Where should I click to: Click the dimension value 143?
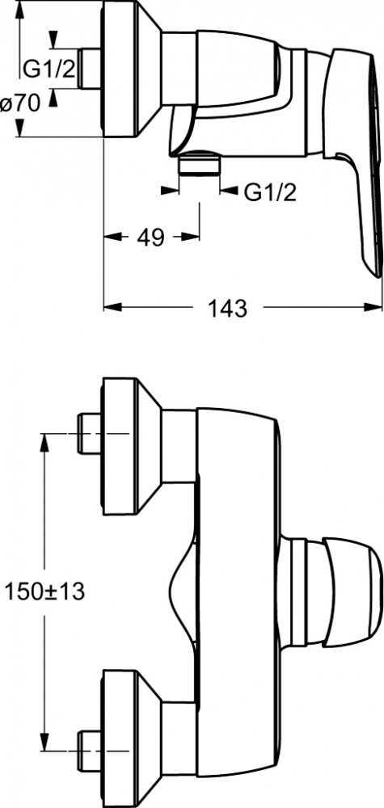(x=227, y=308)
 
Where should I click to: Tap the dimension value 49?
(x=150, y=237)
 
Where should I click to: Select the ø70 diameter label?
(x=20, y=104)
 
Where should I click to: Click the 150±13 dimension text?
(x=44, y=591)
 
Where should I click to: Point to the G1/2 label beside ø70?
(x=49, y=69)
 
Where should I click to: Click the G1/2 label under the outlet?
(x=270, y=192)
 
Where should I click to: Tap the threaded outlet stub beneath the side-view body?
(x=199, y=164)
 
